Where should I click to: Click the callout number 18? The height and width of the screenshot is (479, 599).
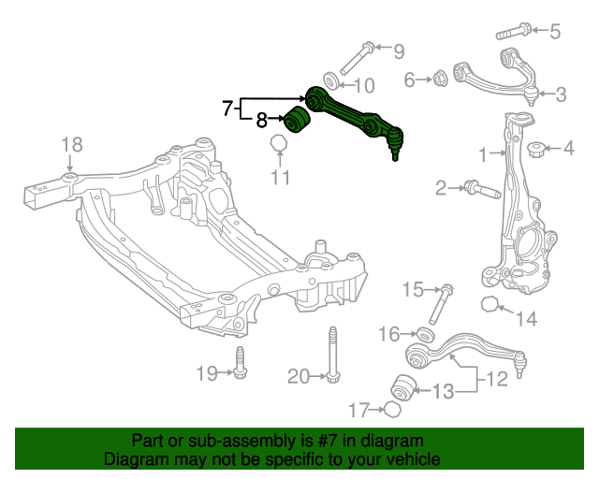[72, 144]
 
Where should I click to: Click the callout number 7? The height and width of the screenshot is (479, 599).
[227, 109]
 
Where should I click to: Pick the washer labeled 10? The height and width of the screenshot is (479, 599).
[330, 79]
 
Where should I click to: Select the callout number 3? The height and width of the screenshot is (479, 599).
[560, 94]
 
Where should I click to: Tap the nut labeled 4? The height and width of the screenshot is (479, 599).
[537, 148]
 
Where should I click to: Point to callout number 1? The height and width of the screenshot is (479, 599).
[484, 153]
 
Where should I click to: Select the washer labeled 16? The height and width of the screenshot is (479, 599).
[423, 334]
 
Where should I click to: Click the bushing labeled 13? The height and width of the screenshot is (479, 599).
[403, 385]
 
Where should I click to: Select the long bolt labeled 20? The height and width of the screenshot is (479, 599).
[333, 355]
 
